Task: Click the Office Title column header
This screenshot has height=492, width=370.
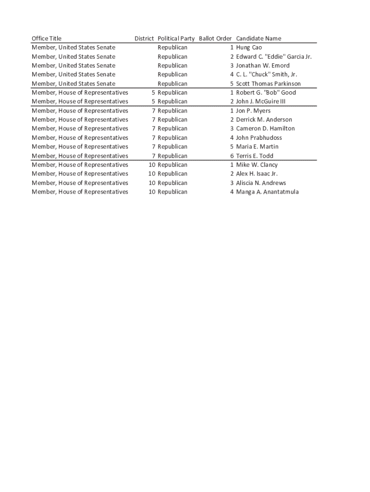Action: tap(47, 38)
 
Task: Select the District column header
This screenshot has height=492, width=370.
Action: tap(144, 38)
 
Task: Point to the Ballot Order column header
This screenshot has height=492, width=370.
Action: tap(215, 38)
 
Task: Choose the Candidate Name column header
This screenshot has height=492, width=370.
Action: tap(259, 38)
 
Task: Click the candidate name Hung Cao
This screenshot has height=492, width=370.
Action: tap(249, 48)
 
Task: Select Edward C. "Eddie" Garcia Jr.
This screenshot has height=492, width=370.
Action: tap(274, 57)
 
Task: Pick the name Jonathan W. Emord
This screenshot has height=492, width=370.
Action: tap(263, 65)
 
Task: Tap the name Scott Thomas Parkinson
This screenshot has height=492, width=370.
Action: tap(268, 84)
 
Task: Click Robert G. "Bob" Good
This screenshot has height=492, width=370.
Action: tap(266, 93)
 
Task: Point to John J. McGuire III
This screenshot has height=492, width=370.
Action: tap(260, 101)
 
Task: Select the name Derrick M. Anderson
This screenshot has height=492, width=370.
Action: tap(264, 120)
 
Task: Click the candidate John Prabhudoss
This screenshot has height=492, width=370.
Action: tap(259, 138)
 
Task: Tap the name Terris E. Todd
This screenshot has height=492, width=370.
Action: tap(255, 156)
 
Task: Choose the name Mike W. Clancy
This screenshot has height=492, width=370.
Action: tap(257, 165)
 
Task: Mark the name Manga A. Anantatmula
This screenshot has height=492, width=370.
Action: tap(267, 192)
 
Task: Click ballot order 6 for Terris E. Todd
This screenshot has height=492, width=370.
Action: tap(232, 156)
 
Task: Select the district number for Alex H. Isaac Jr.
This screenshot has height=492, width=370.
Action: tap(152, 174)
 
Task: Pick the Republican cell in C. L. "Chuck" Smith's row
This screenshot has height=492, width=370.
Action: tap(173, 74)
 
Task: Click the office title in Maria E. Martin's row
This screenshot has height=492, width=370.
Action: tap(80, 147)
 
